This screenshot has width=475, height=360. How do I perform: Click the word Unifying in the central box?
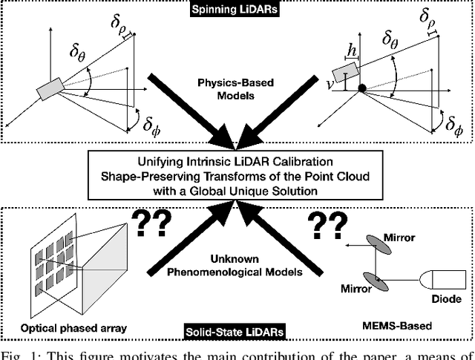point(157,160)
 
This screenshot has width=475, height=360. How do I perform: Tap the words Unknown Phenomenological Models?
point(237,265)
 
